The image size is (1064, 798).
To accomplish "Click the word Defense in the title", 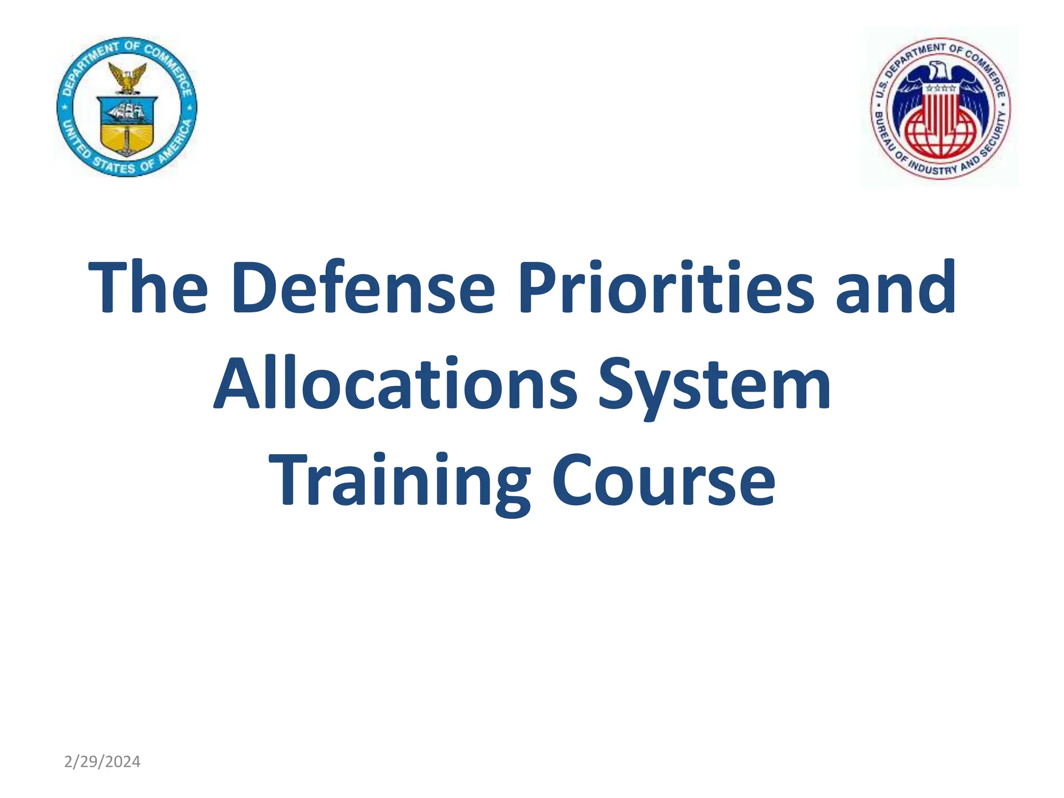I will [x=363, y=287].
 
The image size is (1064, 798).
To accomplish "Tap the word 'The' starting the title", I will [x=148, y=287].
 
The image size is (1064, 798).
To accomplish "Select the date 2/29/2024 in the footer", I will [x=102, y=762].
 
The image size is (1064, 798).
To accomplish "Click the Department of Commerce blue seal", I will [x=127, y=107].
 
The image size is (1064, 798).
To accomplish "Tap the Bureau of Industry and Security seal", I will [x=940, y=108].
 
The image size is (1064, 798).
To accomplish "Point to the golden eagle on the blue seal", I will [x=127, y=78].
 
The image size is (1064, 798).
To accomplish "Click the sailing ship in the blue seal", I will [x=127, y=111].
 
